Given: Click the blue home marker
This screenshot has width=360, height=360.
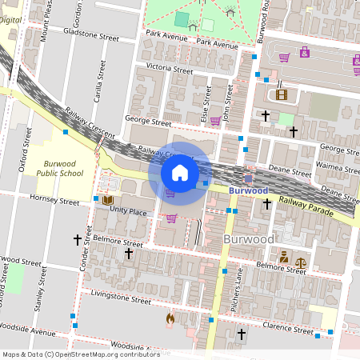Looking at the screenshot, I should (x=180, y=173).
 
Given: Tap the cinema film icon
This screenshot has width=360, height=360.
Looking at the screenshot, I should (x=281, y=94).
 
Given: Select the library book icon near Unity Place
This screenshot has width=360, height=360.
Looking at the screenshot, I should (x=106, y=199).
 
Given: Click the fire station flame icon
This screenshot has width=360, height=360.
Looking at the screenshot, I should (x=170, y=319).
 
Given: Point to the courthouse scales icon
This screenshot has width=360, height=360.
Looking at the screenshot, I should (x=301, y=261).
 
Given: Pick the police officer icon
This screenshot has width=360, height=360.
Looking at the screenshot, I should (x=283, y=257).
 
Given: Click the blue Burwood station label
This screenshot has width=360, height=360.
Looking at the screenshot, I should (x=248, y=191).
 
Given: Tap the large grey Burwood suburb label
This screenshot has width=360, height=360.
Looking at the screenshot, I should (x=249, y=239).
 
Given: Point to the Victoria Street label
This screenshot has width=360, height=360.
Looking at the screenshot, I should (x=164, y=70).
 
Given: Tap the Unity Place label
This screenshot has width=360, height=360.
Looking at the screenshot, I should (x=128, y=212).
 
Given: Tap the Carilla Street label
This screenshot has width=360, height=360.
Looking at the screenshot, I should (x=102, y=81).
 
